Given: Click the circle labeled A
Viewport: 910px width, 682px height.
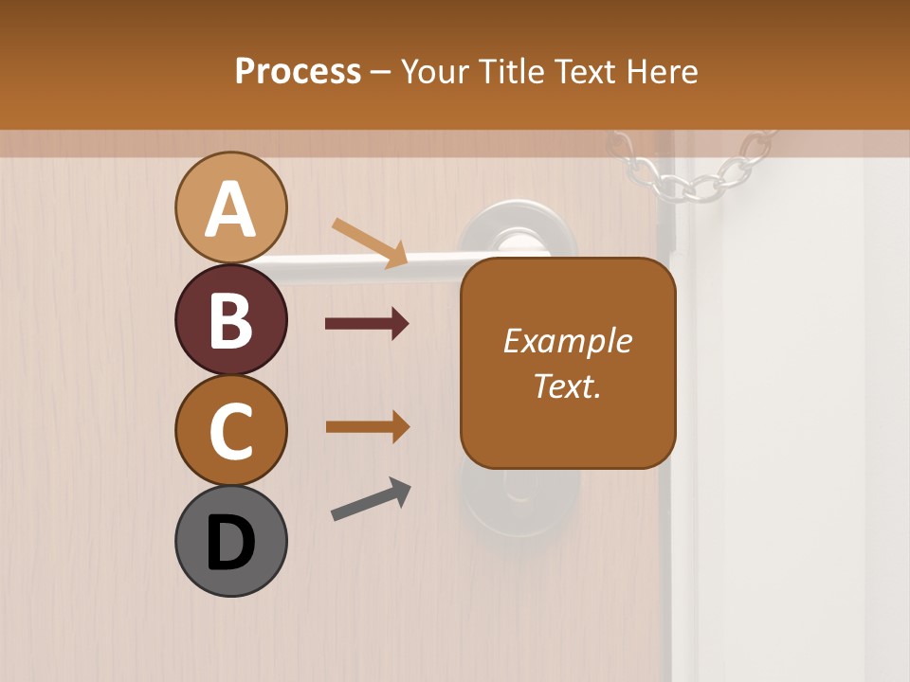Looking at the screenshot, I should (231, 207).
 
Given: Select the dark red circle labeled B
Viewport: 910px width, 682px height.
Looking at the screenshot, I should (231, 319).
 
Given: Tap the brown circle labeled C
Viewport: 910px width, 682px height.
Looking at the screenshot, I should (231, 430).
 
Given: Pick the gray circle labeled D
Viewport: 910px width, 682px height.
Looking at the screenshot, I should (231, 541).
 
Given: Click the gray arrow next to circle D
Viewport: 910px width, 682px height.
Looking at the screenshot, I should (371, 499).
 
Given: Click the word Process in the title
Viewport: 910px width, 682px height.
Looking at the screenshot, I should (298, 71).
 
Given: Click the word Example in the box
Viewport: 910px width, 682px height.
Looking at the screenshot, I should (568, 341).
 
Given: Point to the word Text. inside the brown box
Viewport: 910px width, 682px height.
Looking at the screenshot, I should (568, 386).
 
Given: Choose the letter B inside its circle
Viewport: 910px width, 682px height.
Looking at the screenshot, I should (231, 319).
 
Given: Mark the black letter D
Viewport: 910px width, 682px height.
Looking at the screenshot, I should (231, 543).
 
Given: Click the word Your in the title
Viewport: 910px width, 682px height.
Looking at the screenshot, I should (437, 71).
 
